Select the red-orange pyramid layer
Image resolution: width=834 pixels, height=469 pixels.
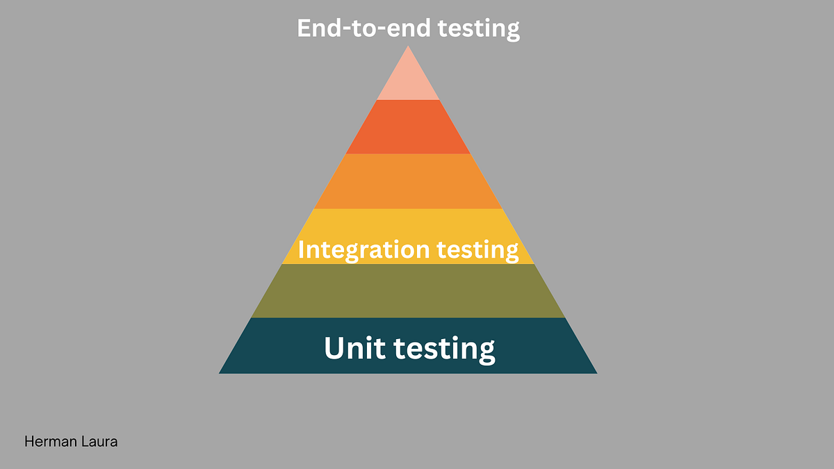point(408,127)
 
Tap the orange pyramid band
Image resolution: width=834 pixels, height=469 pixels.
point(408,181)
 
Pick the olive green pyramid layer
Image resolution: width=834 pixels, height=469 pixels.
point(408,291)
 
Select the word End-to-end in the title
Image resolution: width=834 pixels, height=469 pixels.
point(360,28)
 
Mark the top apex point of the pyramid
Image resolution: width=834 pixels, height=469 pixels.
point(408,47)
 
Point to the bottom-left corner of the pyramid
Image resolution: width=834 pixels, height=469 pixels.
point(220,373)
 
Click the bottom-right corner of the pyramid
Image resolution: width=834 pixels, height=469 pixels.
point(596,373)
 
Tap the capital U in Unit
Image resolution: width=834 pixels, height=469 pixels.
point(334,347)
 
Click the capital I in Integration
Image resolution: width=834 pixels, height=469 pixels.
point(302,249)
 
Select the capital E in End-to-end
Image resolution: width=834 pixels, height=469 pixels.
point(304,28)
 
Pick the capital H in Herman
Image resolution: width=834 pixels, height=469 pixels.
point(29,441)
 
